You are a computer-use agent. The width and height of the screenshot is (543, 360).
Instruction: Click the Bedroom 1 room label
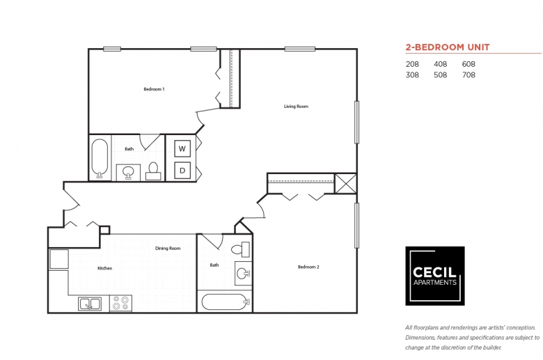click(x=154, y=89)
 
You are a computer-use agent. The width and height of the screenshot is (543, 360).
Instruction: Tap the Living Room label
click(x=296, y=107)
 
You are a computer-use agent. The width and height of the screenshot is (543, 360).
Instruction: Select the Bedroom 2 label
click(x=308, y=267)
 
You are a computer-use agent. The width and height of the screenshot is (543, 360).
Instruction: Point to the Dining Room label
click(x=168, y=248)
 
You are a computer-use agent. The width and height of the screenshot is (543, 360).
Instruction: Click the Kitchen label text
click(x=104, y=268)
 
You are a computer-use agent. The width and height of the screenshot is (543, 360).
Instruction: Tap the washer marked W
click(x=182, y=149)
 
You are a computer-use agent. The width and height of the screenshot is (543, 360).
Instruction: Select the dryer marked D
click(x=182, y=171)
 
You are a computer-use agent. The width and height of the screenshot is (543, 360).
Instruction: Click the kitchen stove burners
click(x=121, y=303)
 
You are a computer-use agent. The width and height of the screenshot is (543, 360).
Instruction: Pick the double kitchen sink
click(x=90, y=304)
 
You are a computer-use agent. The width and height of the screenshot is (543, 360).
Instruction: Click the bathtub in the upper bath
click(x=100, y=158)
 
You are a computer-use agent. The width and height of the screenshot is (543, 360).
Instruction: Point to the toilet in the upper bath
click(x=153, y=171)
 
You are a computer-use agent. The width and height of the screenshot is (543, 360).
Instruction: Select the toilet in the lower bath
click(x=241, y=249)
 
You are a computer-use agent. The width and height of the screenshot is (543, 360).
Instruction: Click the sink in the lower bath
click(x=243, y=274)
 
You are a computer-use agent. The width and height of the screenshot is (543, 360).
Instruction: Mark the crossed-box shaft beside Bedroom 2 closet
click(x=345, y=184)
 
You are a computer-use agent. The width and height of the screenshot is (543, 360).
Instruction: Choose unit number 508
click(x=440, y=75)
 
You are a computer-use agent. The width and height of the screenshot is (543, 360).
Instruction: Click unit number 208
click(x=412, y=64)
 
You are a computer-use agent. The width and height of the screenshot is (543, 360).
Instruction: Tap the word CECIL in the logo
click(x=434, y=272)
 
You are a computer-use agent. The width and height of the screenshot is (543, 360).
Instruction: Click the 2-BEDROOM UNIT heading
click(x=448, y=47)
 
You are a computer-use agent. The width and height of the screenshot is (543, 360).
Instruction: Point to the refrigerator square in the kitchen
click(x=59, y=259)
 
